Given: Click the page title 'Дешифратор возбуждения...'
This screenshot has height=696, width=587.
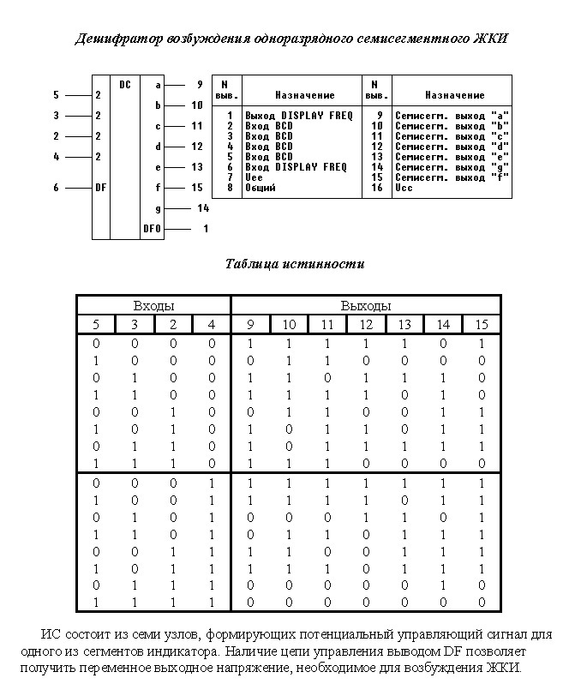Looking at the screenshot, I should (x=292, y=39).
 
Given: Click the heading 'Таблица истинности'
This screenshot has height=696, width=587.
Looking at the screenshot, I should (x=294, y=264).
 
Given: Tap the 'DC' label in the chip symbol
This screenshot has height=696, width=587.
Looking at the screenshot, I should (x=125, y=85).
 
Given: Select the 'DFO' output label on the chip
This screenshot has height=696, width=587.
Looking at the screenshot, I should (x=152, y=229).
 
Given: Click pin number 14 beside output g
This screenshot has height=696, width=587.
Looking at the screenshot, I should (x=203, y=208).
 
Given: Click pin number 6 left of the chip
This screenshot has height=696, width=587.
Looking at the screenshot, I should (x=56, y=188).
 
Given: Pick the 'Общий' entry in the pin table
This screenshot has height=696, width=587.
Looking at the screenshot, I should (x=261, y=188).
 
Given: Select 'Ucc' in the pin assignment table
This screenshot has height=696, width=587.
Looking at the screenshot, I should (x=404, y=188).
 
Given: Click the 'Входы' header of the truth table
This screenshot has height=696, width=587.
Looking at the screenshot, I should (x=154, y=305).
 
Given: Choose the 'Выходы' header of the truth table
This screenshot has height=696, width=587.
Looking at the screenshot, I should (x=366, y=305).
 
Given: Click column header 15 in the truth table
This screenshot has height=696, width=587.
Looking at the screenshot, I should (x=482, y=324).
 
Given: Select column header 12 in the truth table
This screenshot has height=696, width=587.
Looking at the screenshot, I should (x=367, y=324).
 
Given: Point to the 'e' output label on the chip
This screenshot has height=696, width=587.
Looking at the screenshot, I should (x=158, y=167).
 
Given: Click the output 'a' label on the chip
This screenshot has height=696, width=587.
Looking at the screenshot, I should (x=158, y=85).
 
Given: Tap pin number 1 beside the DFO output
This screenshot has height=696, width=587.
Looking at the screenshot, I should (x=206, y=229).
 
